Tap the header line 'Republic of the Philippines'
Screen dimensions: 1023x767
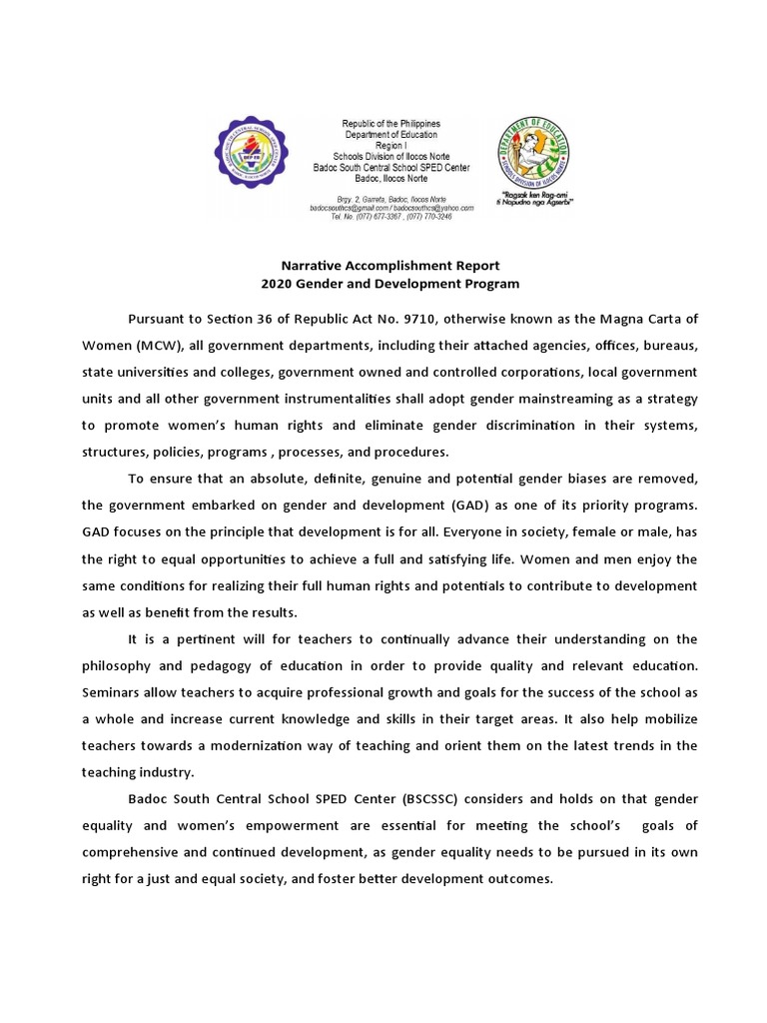pyautogui.click(x=390, y=123)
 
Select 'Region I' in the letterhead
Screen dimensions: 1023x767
pyautogui.click(x=390, y=144)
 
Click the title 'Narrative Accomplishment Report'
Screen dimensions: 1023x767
pyautogui.click(x=390, y=266)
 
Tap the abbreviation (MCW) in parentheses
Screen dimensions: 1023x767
pyautogui.click(x=153, y=346)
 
